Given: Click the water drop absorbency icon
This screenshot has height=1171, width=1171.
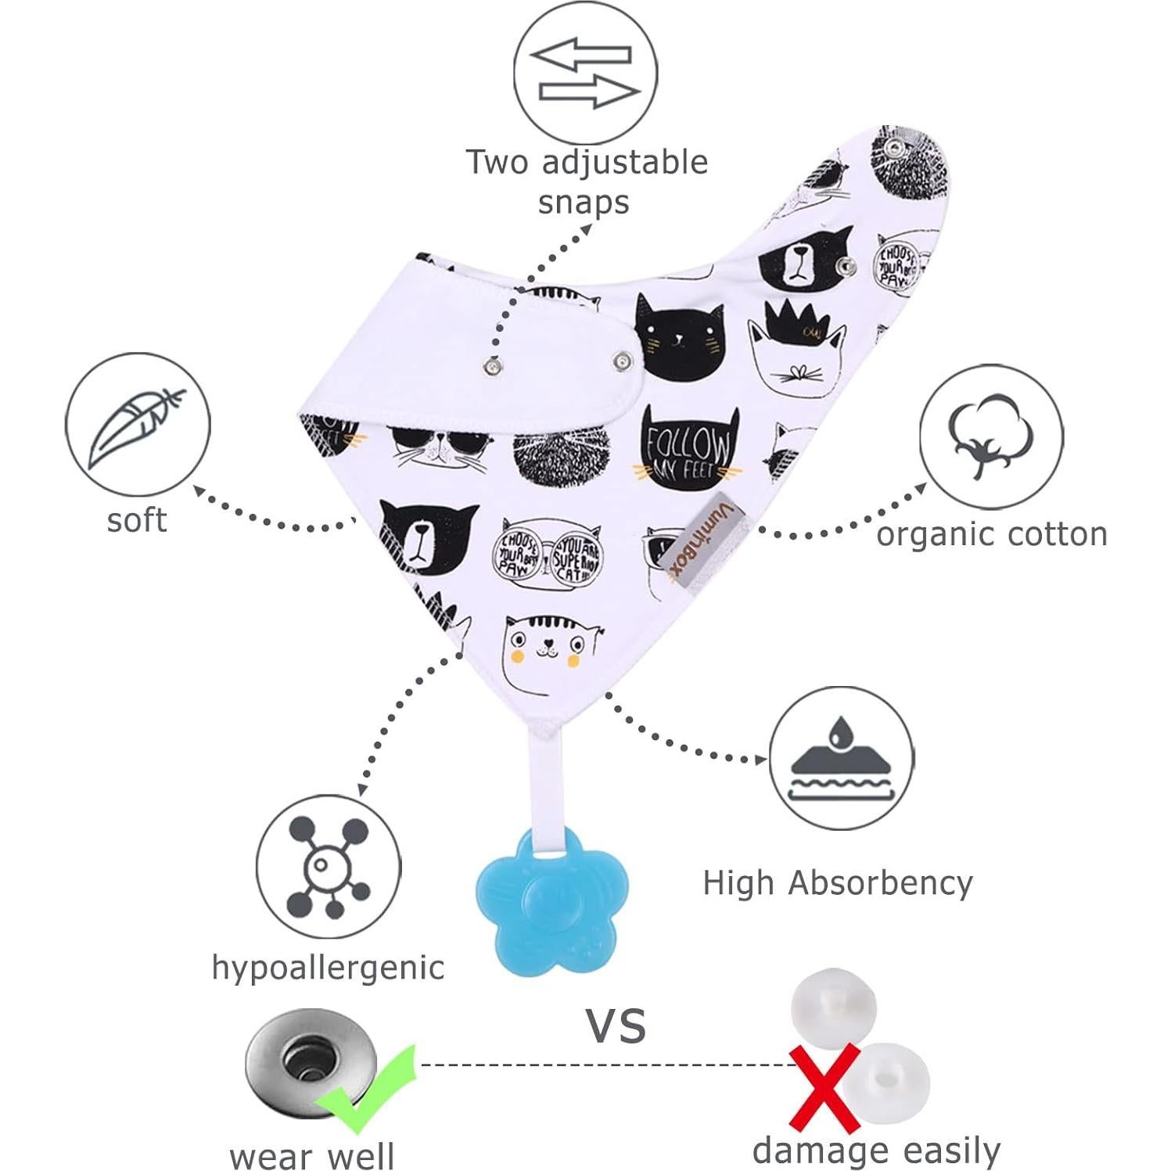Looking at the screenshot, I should (x=840, y=758).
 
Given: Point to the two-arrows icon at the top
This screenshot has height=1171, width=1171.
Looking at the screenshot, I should (x=585, y=74).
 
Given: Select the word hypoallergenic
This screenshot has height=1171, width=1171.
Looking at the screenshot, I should (x=328, y=968).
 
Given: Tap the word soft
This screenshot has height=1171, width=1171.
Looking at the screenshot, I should (x=137, y=520).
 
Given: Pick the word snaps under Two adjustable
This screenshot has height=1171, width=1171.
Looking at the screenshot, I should (x=584, y=202).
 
